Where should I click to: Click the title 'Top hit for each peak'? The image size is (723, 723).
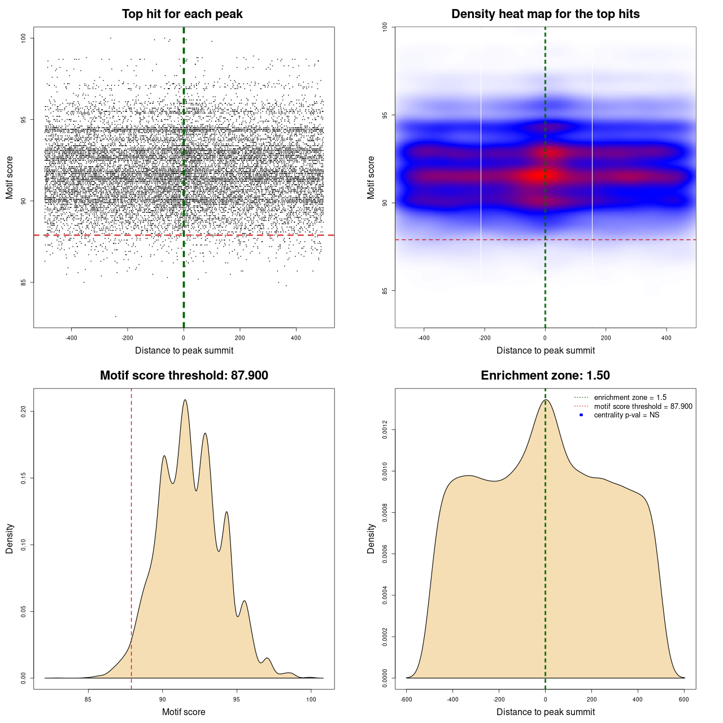[182, 14]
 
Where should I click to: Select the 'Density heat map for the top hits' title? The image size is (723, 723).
[545, 14]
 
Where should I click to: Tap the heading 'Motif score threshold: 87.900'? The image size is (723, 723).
[184, 376]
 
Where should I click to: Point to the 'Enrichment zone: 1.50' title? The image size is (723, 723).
[545, 376]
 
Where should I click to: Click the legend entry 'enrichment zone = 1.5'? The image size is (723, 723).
[630, 398]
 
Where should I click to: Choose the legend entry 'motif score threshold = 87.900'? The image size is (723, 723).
[643, 407]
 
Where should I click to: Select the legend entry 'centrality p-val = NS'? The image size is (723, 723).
[626, 415]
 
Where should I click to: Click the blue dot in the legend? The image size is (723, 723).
[581, 415]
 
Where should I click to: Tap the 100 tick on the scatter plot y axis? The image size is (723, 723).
[23, 38]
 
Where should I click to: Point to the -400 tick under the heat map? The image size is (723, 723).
[424, 338]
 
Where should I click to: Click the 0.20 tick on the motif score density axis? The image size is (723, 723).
[23, 412]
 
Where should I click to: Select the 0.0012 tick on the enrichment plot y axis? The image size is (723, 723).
[385, 430]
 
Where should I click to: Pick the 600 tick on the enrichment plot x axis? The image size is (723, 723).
[684, 700]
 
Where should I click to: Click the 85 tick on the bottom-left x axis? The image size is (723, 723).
[88, 700]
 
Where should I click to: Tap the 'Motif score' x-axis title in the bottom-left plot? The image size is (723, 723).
[184, 712]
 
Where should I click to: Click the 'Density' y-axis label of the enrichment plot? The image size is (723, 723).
[371, 538]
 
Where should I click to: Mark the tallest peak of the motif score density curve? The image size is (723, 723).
[185, 400]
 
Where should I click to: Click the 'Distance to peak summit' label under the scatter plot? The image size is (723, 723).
[184, 351]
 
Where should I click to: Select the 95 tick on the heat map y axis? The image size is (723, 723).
[385, 115]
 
